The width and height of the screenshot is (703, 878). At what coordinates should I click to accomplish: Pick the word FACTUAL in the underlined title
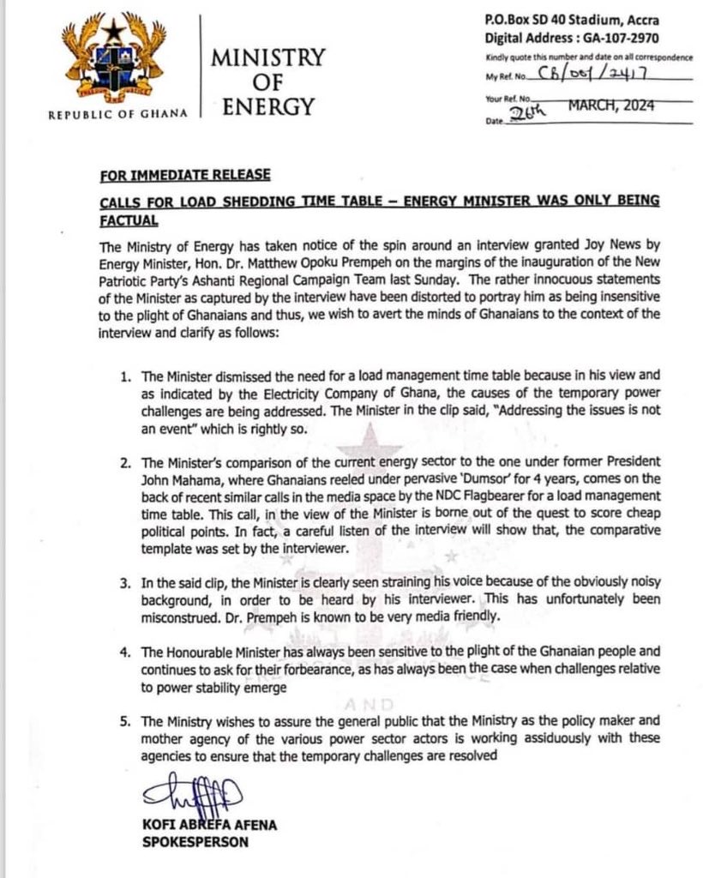click(129, 220)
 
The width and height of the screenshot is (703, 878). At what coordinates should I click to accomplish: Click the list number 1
click(124, 376)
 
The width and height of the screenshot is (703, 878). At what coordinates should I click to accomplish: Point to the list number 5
click(124, 704)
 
